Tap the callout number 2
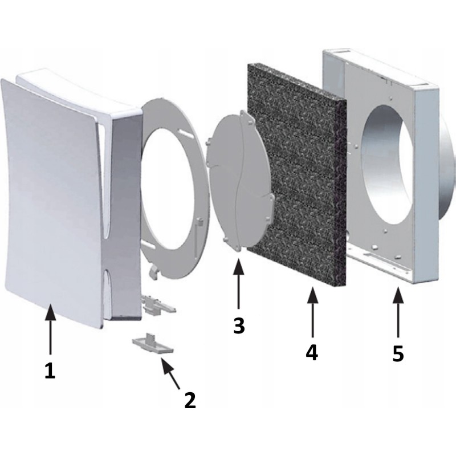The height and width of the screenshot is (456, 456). click(190, 400)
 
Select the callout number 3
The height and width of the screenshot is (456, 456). click(239, 325)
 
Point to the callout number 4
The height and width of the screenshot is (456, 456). click(312, 353)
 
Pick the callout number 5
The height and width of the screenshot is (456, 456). click(398, 353)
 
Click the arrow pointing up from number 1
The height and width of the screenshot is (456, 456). click(51, 329)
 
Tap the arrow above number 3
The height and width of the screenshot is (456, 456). click(238, 283)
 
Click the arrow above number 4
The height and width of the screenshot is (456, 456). click(312, 312)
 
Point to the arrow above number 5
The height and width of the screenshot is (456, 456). click(398, 312)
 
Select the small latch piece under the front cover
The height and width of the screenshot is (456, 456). click(158, 306)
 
